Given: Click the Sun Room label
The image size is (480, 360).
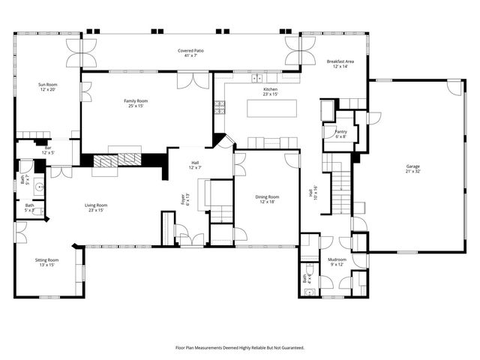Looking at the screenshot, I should click(x=48, y=87).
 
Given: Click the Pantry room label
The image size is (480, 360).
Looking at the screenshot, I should click(x=340, y=134).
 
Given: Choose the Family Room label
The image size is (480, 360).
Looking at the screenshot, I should click(x=136, y=103).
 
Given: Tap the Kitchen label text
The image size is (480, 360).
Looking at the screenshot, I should click(x=270, y=91).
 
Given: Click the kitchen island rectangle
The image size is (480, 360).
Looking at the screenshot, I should click(x=271, y=109).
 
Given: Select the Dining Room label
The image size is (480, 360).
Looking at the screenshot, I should click(x=268, y=199).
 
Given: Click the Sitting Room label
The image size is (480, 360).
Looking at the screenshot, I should click(x=46, y=262).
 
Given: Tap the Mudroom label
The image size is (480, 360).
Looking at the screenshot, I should click(x=337, y=262).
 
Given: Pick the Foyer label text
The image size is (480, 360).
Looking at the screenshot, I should click(x=184, y=199).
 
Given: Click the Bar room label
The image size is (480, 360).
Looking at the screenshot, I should click(x=47, y=150).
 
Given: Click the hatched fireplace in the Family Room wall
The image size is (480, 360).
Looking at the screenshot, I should click(x=116, y=160).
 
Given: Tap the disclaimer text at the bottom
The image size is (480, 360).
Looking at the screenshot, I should click(x=239, y=348).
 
